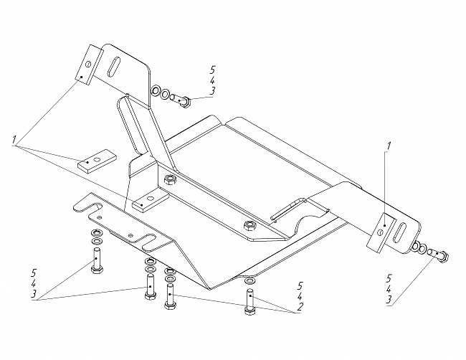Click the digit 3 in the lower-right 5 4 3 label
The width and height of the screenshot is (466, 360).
[389, 300]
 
